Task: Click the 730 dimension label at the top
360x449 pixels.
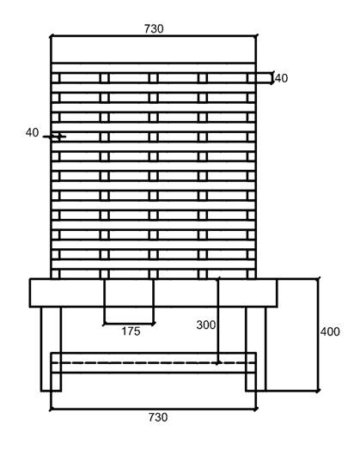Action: [154, 28]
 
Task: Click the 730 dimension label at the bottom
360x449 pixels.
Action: [158, 417]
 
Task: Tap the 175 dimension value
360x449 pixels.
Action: [131, 331]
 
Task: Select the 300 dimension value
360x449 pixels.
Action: [206, 325]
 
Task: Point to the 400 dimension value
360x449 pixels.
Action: [330, 331]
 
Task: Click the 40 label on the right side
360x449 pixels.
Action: [282, 78]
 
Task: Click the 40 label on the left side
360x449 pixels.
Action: [32, 132]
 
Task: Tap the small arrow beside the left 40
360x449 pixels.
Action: [54, 137]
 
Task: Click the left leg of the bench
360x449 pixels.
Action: [51, 349]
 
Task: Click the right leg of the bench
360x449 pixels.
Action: [256, 349]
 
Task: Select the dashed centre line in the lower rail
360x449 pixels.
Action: [153, 363]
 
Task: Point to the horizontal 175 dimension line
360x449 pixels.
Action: [129, 324]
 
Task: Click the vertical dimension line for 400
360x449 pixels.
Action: [318, 334]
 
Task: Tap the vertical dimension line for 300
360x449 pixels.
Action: [218, 320]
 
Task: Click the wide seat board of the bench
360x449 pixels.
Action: [153, 293]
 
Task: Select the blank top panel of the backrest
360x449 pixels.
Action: [153, 49]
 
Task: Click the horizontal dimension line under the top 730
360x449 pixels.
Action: [154, 36]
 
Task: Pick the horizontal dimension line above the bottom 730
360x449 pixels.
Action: [154, 410]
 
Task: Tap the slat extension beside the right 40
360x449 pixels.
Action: [264, 78]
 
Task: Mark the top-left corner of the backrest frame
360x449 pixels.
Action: [51, 36]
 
